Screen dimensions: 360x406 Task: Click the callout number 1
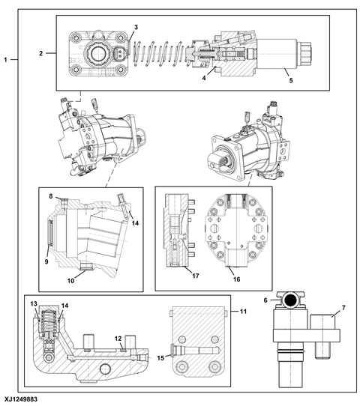click(5, 60)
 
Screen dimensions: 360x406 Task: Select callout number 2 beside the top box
click(41, 53)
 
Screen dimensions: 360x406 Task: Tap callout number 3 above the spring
click(136, 27)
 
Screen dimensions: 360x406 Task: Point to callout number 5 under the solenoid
click(291, 80)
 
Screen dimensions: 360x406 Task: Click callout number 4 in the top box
click(204, 78)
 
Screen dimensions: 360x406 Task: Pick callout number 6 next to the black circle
click(265, 300)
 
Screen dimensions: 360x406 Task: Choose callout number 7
click(343, 308)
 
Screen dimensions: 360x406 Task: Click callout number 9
click(46, 261)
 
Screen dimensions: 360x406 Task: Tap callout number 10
click(70, 281)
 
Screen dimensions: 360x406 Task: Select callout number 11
click(243, 311)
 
